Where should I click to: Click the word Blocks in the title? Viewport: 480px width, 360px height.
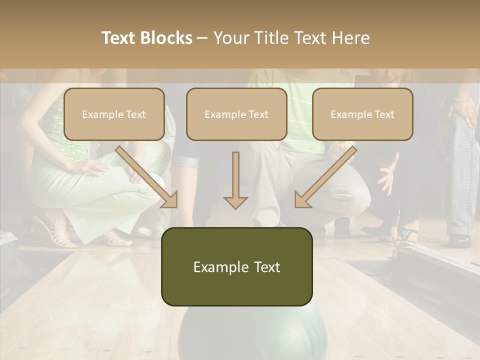coord(167,38)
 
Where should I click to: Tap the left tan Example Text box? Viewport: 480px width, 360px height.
coord(114,114)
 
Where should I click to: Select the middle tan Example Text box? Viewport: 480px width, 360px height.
coord(236,114)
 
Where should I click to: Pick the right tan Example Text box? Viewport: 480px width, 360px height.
coord(362,114)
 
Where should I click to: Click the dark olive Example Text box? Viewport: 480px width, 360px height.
coord(236,267)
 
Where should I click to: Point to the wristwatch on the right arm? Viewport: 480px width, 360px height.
coord(463,99)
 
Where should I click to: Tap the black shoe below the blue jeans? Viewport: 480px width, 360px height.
coord(459,240)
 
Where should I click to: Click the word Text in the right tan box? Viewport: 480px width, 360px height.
coord(384,114)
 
